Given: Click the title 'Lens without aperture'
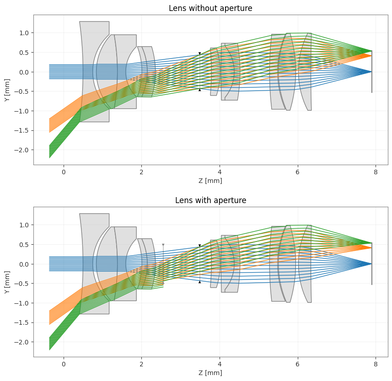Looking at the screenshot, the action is (x=210, y=8).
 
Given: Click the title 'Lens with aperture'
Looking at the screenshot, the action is (x=210, y=200).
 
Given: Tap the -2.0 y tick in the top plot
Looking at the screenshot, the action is (x=22, y=150).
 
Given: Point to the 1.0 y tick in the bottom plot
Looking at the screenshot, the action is (x=24, y=225).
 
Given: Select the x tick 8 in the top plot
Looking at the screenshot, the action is (x=376, y=172).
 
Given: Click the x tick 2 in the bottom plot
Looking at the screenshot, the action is (x=141, y=364).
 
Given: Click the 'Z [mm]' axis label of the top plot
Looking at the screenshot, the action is (x=210, y=181).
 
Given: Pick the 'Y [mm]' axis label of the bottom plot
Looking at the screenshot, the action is (x=7, y=282).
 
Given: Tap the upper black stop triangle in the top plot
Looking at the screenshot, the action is (x=199, y=54).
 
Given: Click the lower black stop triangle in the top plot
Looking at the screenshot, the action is (x=199, y=90).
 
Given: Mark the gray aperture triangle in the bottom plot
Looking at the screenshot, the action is (x=163, y=245).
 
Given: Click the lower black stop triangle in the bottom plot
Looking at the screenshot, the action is (x=199, y=282).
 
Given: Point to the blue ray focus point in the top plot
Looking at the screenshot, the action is (x=371, y=72).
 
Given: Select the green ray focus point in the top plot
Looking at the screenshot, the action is (x=371, y=51).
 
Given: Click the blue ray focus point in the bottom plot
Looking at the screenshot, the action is (x=371, y=264).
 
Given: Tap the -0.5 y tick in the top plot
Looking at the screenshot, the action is (x=22, y=91).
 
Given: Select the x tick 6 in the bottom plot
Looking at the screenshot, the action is (x=297, y=364).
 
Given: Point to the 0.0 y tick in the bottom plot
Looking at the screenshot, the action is (x=24, y=264).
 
